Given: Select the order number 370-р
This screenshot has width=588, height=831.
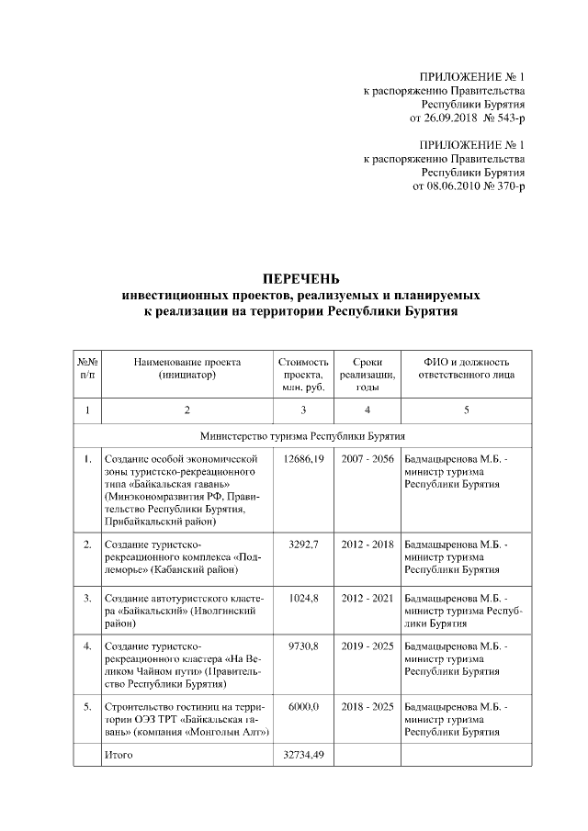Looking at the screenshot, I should (507, 186).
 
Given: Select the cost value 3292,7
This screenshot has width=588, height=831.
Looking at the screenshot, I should (303, 545).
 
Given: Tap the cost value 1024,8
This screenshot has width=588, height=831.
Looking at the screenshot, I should (303, 598).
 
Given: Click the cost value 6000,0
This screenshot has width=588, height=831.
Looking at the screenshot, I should (303, 708).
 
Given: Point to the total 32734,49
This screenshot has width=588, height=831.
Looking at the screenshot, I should (303, 756).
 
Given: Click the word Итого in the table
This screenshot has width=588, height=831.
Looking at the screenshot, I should (119, 756).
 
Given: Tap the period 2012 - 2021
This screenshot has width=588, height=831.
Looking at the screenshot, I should (367, 598).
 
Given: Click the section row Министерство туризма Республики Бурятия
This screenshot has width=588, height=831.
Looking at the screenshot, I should (303, 435).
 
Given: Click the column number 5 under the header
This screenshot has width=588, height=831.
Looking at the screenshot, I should (466, 410).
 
